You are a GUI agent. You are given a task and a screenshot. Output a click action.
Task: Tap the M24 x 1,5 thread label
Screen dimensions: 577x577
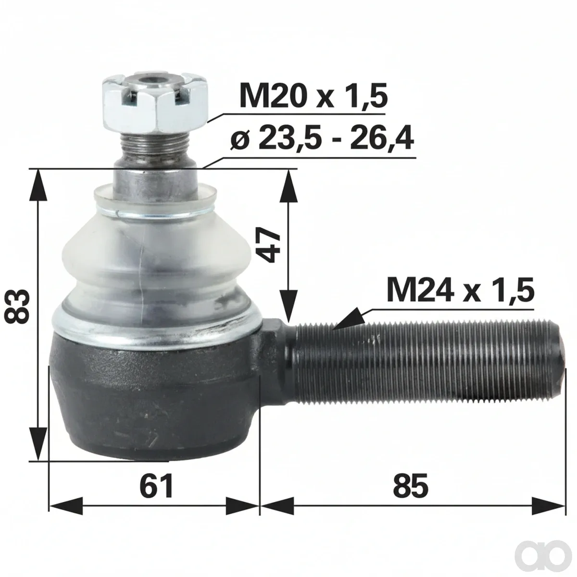click(460, 289)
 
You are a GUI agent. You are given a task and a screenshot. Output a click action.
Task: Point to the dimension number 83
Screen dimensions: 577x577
click(18, 307)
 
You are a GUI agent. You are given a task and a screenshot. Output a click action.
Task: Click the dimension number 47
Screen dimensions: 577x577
click(269, 245)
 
